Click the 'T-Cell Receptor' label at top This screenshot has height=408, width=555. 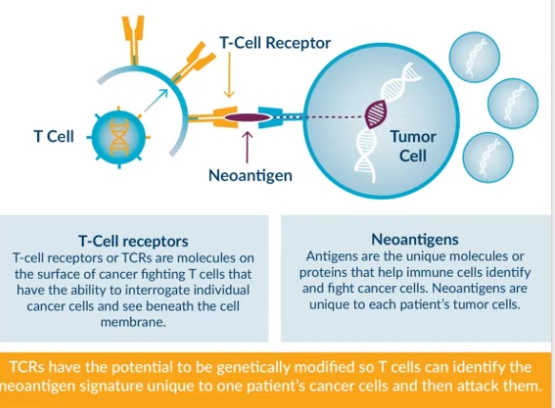point(275,43)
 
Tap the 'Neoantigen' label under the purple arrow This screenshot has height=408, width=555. point(250,175)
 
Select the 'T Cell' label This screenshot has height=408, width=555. point(54,136)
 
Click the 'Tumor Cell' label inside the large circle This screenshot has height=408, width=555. point(413,146)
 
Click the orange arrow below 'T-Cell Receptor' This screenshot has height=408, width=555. point(229,75)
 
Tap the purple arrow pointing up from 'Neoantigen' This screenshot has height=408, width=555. point(248,147)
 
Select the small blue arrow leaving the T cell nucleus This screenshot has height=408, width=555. point(156,100)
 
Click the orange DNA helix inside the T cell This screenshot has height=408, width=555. point(119,137)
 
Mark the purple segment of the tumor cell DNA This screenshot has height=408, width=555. point(376,114)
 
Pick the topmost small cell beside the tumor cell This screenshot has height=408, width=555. point(474,57)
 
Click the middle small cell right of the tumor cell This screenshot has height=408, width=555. point(513,104)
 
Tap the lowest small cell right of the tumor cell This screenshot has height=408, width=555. point(487,157)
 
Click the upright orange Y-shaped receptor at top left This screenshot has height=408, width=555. point(133,40)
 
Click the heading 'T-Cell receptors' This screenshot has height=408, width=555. point(133,242)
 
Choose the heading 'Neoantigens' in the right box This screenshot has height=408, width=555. point(415,240)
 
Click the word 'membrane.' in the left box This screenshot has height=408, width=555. point(133,322)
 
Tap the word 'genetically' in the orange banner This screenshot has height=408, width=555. point(254,368)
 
